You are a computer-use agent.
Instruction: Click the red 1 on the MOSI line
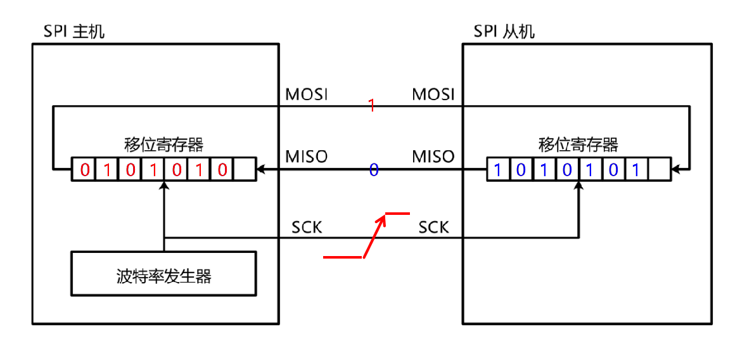coord(372,106)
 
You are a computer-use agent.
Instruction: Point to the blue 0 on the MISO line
coord(374,170)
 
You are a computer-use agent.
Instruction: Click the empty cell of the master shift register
coord(245,170)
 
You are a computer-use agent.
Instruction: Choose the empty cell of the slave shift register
coord(660,170)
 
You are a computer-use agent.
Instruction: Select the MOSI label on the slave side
coord(434,94)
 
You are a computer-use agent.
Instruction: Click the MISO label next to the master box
coord(307,156)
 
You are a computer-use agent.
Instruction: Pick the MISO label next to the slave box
coord(434,156)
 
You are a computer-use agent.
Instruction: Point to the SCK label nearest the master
coord(307,226)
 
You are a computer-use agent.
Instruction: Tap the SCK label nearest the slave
coord(434,226)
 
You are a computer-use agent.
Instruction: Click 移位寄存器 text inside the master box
coord(164,145)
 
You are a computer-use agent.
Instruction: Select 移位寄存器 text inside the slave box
coord(578,145)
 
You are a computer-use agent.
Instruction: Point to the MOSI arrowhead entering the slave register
coord(675,170)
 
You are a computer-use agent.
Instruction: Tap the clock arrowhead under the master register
coord(164,185)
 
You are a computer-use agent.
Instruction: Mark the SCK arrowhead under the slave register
coord(578,185)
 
